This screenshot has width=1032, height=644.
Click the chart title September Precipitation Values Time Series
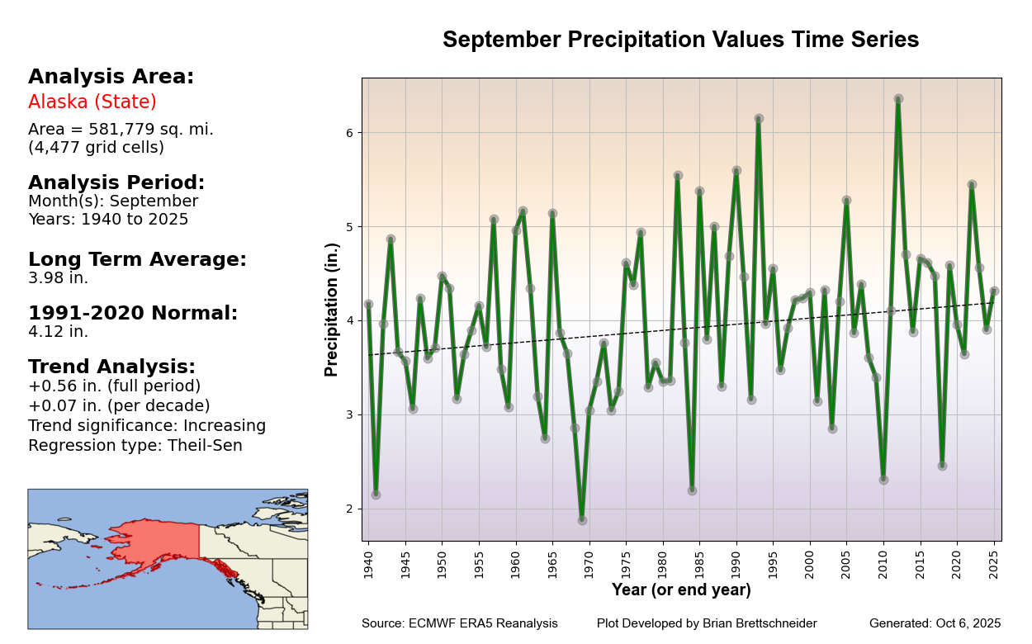[680, 40]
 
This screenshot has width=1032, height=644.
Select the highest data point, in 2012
[898, 98]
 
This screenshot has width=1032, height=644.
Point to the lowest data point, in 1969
[582, 520]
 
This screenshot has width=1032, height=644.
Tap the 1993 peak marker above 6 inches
[759, 119]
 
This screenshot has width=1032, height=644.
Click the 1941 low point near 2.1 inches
[376, 495]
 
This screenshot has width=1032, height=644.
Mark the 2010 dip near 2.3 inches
[883, 480]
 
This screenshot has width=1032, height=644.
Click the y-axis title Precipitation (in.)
[332, 310]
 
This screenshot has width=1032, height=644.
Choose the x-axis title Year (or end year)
[681, 590]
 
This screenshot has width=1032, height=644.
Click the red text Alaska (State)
[92, 102]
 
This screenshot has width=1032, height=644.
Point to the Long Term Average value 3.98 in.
[58, 278]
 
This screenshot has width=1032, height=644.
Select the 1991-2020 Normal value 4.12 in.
[58, 332]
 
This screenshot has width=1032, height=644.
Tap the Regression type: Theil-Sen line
[135, 446]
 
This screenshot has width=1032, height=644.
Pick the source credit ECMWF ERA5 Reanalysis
[459, 624]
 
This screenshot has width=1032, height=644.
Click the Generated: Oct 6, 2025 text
[935, 624]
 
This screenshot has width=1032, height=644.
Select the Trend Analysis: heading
[111, 367]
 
